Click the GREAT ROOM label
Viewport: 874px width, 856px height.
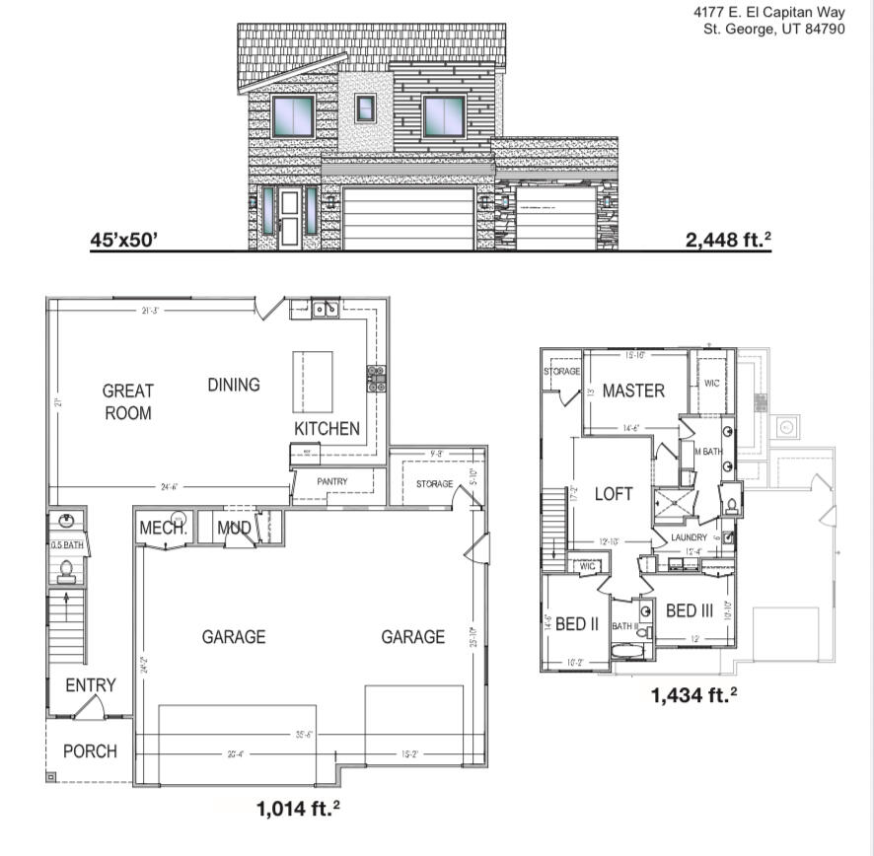127,402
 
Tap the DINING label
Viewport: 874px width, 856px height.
233,385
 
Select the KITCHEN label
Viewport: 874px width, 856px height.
327,429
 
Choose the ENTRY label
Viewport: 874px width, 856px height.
91,685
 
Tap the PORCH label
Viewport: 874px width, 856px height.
90,751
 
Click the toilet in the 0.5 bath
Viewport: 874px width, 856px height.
67,569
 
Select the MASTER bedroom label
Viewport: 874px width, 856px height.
633,391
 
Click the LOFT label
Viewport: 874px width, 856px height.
613,494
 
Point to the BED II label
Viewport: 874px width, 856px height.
577,624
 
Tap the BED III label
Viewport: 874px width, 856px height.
689,611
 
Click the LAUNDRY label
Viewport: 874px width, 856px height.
689,537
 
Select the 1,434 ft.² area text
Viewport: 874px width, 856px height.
693,695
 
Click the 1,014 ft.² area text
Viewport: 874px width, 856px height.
298,810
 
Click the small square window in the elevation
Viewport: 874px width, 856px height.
365,107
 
